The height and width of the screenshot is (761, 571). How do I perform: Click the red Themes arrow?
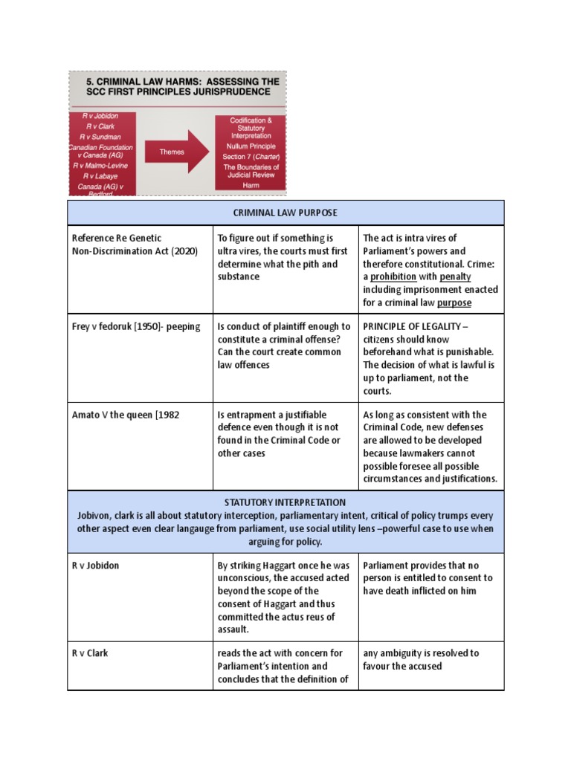click(x=176, y=152)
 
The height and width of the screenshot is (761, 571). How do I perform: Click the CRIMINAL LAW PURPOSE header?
click(x=285, y=213)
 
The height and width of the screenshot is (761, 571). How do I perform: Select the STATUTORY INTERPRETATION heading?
click(x=285, y=503)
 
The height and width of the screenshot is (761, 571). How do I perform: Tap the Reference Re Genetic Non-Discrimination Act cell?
click(x=134, y=245)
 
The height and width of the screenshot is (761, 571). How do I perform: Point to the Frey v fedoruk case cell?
click(x=135, y=327)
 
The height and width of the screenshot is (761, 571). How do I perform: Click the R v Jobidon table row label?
click(x=95, y=566)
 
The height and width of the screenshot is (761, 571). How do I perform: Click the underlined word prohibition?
click(x=393, y=276)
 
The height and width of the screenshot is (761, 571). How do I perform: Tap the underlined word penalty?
click(x=456, y=276)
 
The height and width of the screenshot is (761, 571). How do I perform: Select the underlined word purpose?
click(x=454, y=302)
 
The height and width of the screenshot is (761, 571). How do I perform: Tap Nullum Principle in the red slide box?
click(x=251, y=146)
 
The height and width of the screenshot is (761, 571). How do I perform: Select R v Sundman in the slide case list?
click(x=104, y=137)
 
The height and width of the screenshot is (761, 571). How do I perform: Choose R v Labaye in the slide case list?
click(x=103, y=176)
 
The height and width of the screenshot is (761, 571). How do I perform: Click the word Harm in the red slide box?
click(x=251, y=185)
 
